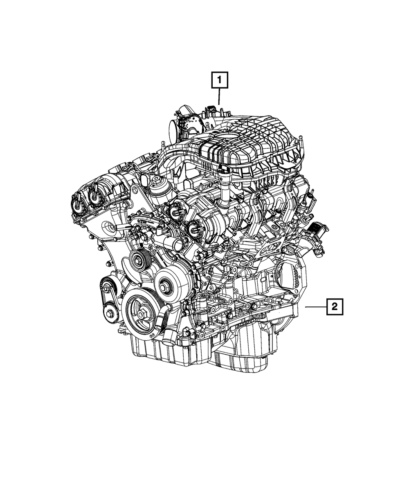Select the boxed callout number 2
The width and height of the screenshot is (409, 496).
(x=335, y=307)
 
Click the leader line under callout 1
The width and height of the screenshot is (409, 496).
(x=219, y=96)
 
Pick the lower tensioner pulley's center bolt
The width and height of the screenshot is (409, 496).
(x=110, y=314)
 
